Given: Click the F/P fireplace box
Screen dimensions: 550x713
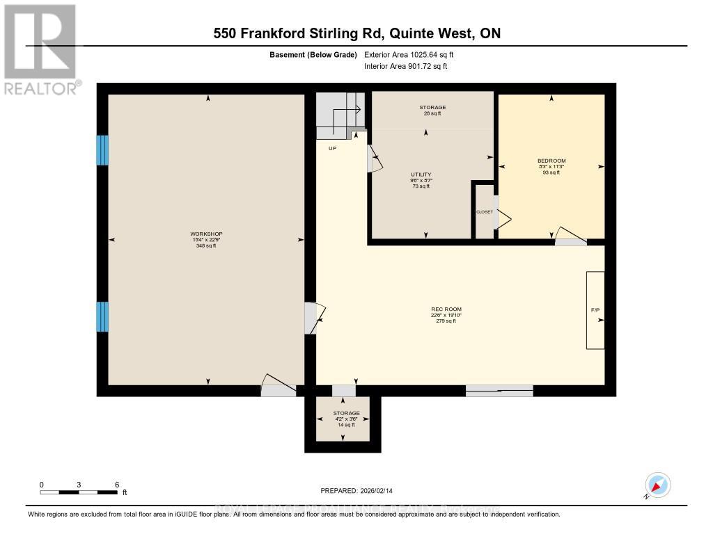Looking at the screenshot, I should coord(595,310).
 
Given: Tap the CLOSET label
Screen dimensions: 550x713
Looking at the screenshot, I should coord(484,211).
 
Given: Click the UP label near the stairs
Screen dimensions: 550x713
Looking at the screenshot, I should coord(333,148).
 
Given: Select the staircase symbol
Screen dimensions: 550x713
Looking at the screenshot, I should coord(340,114).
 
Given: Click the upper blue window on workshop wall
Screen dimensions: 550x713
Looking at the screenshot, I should coord(102,150).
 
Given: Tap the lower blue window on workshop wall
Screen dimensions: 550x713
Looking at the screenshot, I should coord(102,317).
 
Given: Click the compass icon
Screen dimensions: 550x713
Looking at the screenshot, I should coord(657,485).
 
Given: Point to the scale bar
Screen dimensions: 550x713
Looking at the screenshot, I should coord(79,492).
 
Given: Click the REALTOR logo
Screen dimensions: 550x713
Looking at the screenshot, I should coord(40,49).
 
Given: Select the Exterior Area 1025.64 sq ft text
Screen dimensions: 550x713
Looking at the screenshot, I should coord(409,54).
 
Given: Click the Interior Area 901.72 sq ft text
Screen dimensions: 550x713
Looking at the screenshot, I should coord(406,66).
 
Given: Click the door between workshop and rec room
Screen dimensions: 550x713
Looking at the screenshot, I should coord(311,318).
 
